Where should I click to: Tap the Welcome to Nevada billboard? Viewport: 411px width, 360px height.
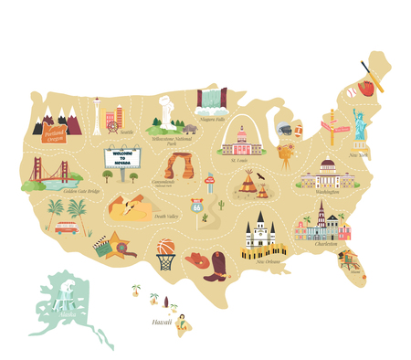pos(121,157)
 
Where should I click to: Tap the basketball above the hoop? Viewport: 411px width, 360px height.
pos(164,246)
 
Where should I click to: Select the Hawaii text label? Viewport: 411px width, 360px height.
pos(162,322)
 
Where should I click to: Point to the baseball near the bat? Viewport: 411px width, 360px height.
pos(352,92)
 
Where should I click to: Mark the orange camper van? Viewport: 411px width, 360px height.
pos(66,227)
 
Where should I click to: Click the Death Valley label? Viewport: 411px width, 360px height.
pos(166,217)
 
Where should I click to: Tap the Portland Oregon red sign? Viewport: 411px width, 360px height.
pos(55,135)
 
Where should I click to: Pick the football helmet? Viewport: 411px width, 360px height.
pos(286,131)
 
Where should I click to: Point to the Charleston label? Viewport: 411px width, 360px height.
pos(324,244)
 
